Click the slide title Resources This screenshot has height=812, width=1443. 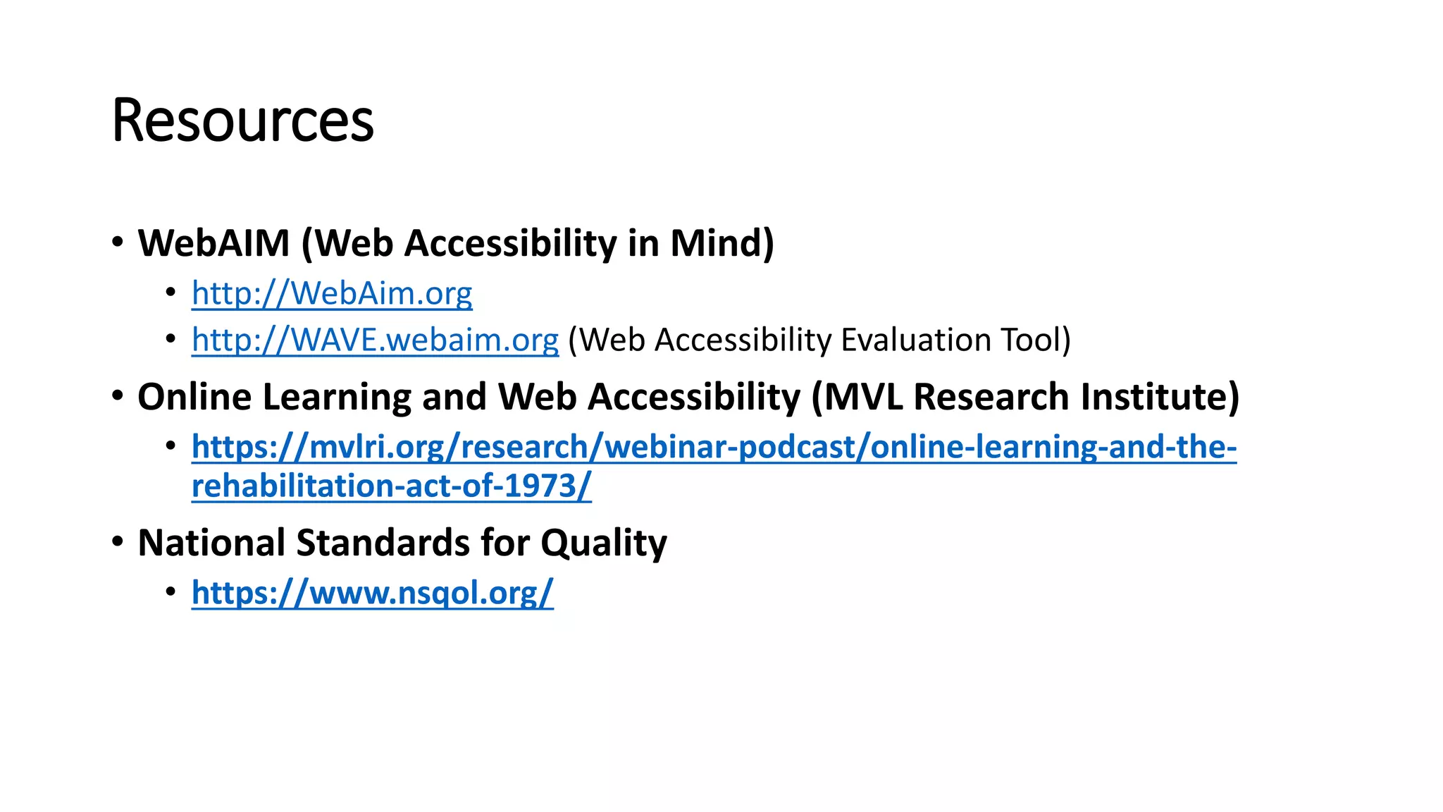click(x=242, y=121)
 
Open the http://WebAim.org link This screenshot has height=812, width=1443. click(x=332, y=293)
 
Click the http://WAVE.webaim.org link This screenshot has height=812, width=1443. click(x=375, y=340)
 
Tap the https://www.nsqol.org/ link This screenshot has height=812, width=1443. click(x=372, y=593)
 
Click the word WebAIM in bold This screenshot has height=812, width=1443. click(x=213, y=243)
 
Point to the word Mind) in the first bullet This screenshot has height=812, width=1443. click(x=721, y=243)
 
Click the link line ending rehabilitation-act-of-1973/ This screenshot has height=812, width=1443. click(x=391, y=486)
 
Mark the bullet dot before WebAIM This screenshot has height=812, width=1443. click(x=118, y=242)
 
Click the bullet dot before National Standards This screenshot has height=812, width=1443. click(x=118, y=542)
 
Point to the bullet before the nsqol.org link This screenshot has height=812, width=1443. click(x=171, y=591)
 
